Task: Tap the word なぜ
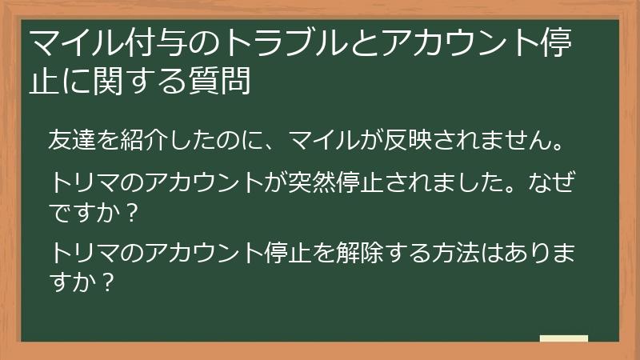coord(556,182)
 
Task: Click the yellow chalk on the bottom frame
coord(564,339)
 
